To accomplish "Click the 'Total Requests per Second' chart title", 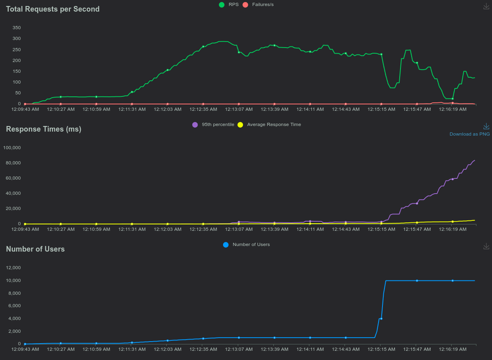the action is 53,9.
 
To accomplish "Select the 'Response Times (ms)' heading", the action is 44,129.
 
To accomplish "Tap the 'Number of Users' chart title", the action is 35,249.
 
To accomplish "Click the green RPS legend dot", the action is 221,5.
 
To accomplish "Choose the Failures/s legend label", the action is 263,4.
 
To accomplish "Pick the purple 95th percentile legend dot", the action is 195,125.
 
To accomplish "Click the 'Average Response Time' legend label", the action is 274,124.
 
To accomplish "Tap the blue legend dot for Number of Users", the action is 226,245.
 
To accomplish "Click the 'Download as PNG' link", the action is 470,134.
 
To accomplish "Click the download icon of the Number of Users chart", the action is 486,246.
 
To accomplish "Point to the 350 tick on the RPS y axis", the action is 16,28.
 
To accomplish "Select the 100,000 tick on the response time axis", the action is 12,148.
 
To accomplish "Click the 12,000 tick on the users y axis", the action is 13,268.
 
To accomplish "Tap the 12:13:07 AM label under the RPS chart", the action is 239,109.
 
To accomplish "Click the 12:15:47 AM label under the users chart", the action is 417,349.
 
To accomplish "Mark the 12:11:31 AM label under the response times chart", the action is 132,229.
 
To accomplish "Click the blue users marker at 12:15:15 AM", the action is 381,319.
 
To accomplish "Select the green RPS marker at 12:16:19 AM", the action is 452,99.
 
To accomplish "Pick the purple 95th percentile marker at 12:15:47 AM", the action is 417,204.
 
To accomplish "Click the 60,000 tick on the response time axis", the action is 13,178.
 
